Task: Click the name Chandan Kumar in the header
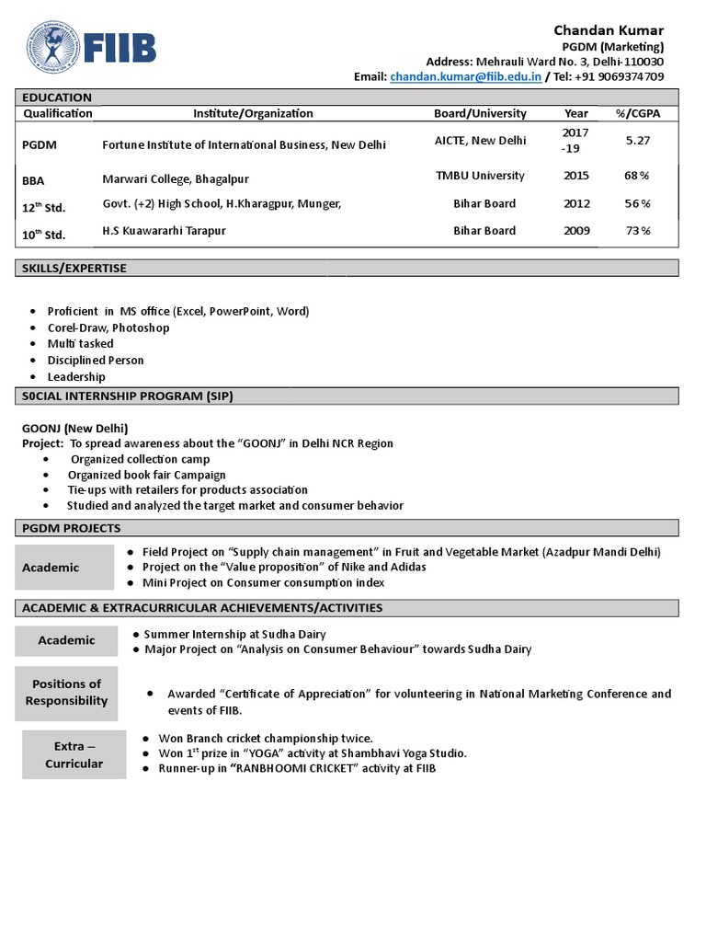(609, 30)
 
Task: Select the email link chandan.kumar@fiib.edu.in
(465, 77)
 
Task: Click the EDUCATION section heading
(57, 98)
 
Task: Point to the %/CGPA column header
(638, 113)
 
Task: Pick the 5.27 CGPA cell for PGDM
(638, 141)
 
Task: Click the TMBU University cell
(480, 176)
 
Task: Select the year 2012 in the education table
(576, 203)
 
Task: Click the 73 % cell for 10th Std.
(638, 231)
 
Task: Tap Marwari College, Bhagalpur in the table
(175, 178)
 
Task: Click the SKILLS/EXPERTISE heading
(74, 269)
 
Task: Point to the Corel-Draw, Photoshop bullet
(108, 327)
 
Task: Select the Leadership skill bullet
(76, 377)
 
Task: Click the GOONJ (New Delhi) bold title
(75, 428)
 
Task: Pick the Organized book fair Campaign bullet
(146, 475)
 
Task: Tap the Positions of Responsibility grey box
(66, 693)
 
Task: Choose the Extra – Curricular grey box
(74, 754)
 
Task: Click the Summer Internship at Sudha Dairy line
(234, 634)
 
